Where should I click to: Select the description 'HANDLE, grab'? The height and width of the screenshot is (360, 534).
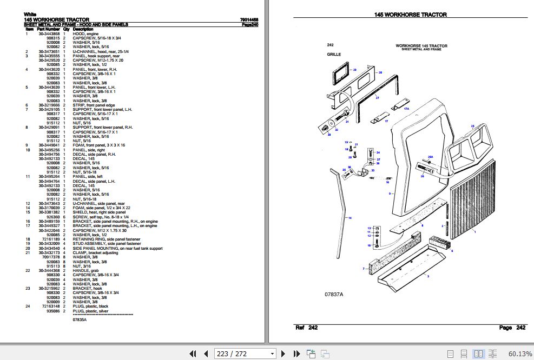(x=85, y=270)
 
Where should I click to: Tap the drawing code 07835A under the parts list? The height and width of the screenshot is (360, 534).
(x=80, y=320)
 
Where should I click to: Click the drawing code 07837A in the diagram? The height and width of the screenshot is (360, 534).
(x=334, y=294)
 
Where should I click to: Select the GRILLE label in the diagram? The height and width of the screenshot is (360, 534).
(x=334, y=55)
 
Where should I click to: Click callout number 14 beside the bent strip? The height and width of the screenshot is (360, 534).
(x=350, y=218)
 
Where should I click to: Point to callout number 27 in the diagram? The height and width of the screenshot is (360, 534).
(x=377, y=98)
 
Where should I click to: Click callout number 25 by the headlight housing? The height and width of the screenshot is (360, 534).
(x=472, y=126)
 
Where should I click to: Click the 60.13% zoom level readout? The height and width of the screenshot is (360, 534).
(x=520, y=354)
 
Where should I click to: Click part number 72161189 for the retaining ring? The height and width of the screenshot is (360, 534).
(x=50, y=238)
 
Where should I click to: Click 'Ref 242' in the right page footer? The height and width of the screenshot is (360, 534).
(x=306, y=328)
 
